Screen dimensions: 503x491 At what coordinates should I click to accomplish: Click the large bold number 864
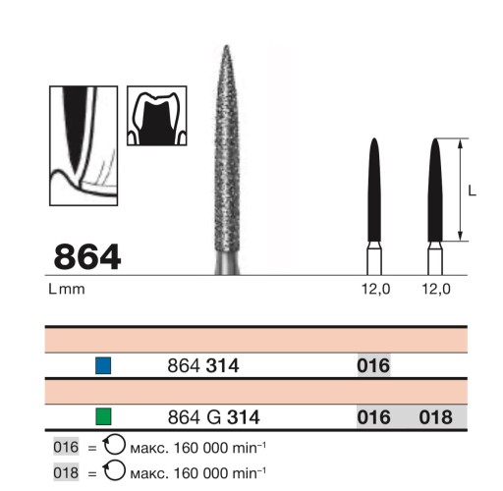click(87, 257)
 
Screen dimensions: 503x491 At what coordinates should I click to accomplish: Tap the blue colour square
click(103, 365)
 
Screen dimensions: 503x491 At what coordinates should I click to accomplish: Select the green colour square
click(103, 416)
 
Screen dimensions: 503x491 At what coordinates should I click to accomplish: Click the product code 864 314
click(203, 365)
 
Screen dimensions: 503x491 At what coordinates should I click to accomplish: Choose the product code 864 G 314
click(213, 417)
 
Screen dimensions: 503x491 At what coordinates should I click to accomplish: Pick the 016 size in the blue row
click(373, 365)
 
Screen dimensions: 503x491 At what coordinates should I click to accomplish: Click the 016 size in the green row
click(373, 417)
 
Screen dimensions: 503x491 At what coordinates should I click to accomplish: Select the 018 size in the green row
click(435, 417)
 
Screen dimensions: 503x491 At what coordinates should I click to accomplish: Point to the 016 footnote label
click(66, 447)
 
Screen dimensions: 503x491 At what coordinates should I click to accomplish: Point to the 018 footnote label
click(66, 472)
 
